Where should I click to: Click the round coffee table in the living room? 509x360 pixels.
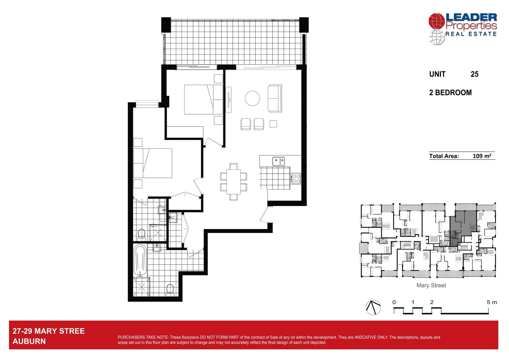(252, 98)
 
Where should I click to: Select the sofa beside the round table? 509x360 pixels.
(275, 98)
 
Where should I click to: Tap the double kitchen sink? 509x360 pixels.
(278, 162)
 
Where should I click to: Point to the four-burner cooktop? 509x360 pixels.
(296, 179)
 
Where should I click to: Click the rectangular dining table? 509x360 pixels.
(234, 182)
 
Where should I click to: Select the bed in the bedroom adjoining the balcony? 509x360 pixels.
(203, 99)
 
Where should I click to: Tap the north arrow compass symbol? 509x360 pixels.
(373, 307)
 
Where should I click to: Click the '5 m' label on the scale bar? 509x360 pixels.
(491, 302)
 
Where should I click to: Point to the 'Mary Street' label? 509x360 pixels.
(431, 285)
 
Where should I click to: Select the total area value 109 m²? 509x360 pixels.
(482, 156)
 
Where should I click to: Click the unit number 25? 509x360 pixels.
(474, 74)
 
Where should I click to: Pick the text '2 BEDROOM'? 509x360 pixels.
(450, 93)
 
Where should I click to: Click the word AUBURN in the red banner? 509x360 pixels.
(29, 341)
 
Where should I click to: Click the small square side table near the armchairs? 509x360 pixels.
(273, 124)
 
